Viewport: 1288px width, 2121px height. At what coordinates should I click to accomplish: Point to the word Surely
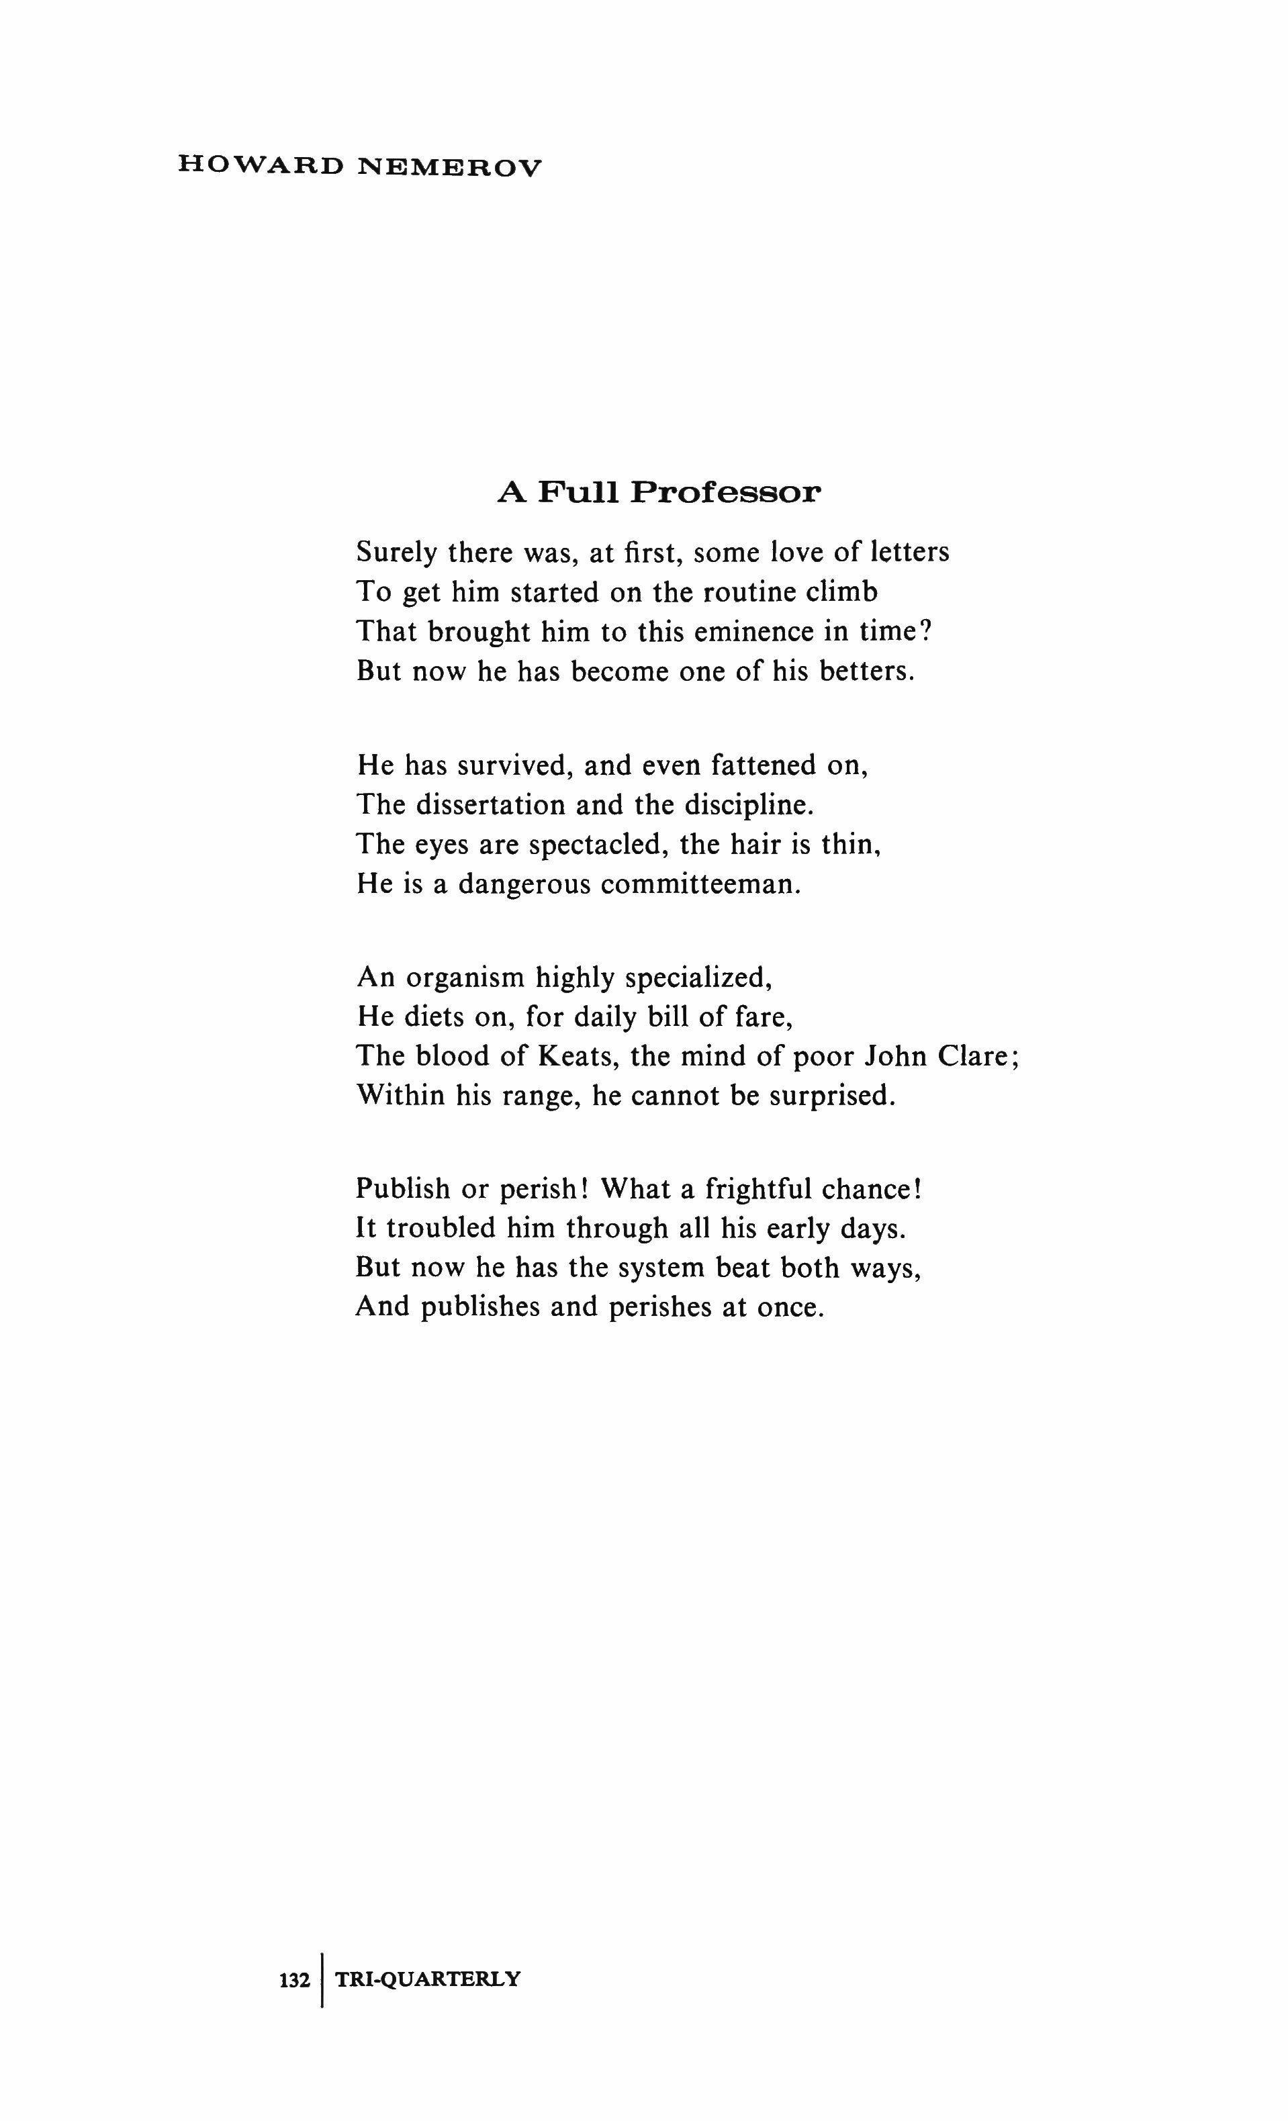397,553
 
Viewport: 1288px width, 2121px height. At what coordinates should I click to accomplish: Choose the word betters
864,671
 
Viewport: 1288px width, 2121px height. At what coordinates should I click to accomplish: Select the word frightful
757,1190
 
